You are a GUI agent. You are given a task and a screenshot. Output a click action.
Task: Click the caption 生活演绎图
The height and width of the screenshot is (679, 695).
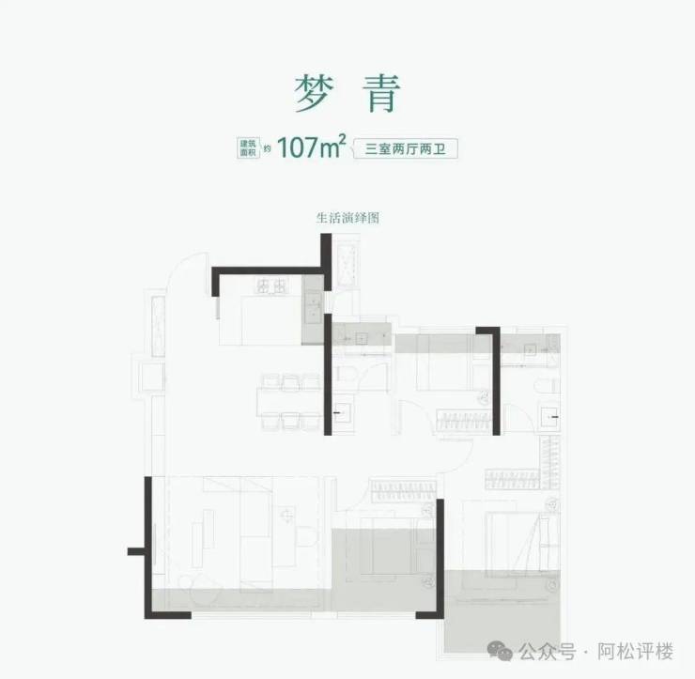click(x=347, y=216)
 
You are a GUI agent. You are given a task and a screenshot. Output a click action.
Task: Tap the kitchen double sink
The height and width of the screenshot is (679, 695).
click(x=314, y=302)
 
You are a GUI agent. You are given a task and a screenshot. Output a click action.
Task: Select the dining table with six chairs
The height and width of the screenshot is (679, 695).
click(x=289, y=402)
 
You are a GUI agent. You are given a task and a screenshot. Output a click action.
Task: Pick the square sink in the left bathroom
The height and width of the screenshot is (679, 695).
click(x=345, y=410)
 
